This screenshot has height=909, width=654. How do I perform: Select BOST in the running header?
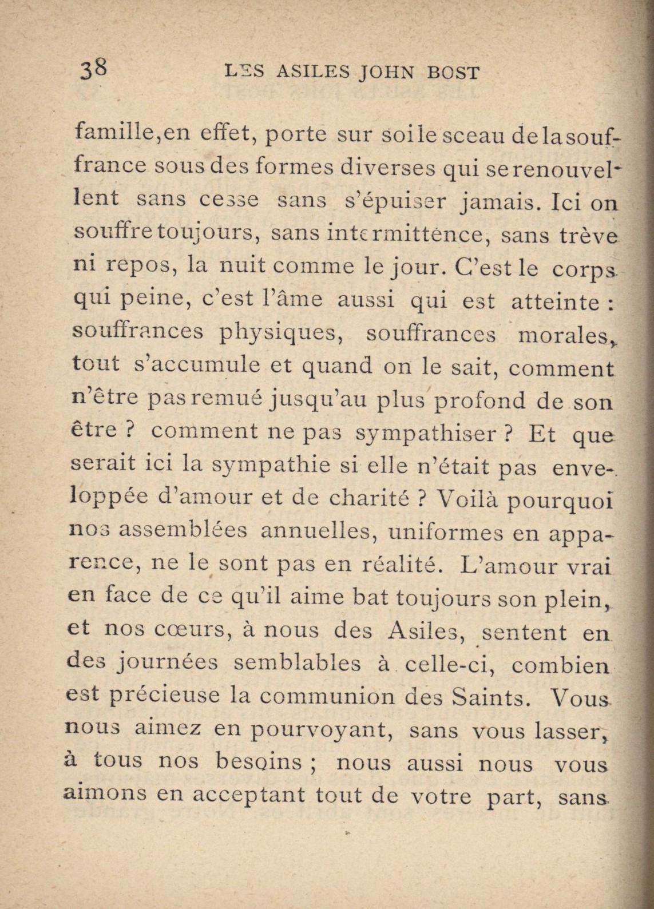point(454,72)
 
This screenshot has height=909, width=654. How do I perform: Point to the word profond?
point(479,400)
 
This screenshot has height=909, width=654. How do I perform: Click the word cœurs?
point(192,630)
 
